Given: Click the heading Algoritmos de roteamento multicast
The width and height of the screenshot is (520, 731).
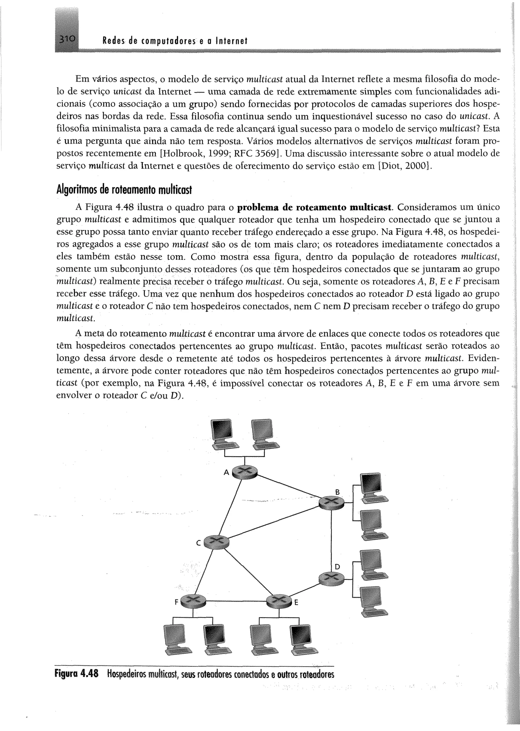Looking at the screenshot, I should [x=124, y=190].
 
